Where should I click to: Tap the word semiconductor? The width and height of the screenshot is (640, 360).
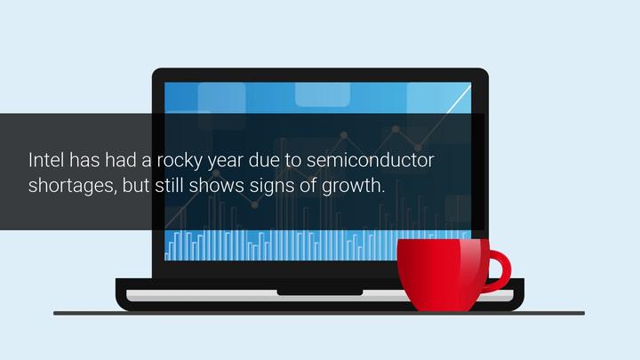click(x=370, y=160)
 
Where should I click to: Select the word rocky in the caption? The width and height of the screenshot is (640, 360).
click(x=180, y=160)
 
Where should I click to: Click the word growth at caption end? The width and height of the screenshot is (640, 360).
click(x=353, y=186)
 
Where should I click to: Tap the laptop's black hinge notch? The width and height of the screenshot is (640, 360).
click(x=320, y=292)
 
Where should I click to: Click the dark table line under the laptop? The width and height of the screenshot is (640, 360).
click(x=319, y=313)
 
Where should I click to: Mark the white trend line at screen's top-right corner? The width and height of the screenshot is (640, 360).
click(x=459, y=99)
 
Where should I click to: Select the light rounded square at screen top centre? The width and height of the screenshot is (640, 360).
click(x=323, y=94)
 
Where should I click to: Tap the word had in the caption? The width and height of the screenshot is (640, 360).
click(x=120, y=160)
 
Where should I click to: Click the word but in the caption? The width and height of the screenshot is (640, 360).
click(x=135, y=185)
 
